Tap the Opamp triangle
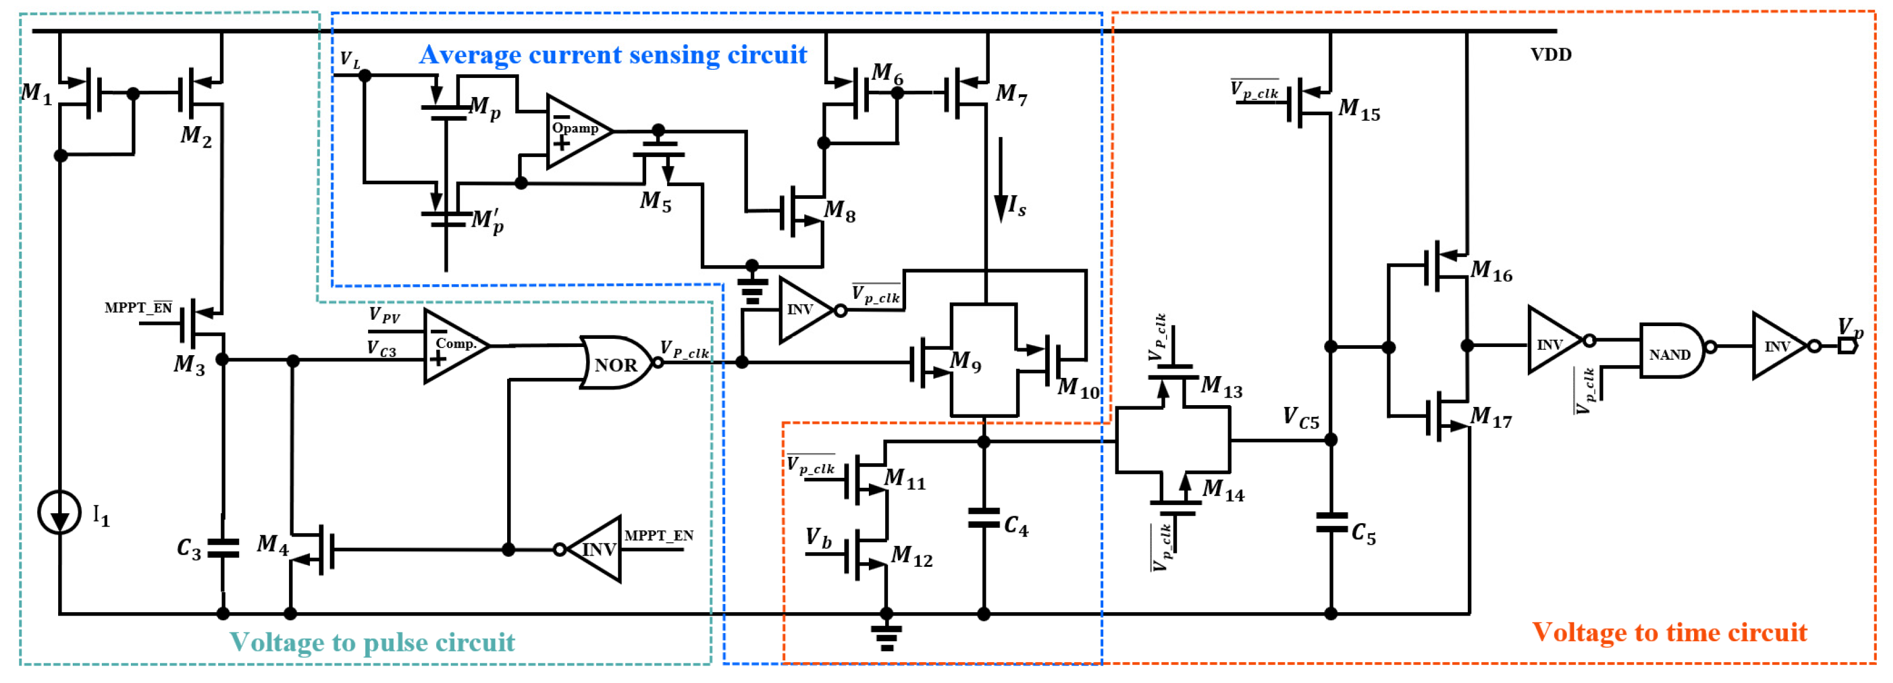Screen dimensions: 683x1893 point(577,131)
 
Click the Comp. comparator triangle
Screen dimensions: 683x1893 point(454,345)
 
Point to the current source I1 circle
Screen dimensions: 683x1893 point(59,512)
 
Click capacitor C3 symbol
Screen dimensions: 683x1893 point(223,548)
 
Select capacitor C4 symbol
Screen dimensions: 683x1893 point(984,518)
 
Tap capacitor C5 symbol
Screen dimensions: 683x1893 point(1331,524)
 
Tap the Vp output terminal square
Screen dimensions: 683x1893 point(1846,345)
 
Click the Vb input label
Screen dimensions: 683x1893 point(818,538)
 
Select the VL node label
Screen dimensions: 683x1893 point(350,59)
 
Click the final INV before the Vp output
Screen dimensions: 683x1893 point(1780,346)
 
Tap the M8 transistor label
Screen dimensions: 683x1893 point(839,211)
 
